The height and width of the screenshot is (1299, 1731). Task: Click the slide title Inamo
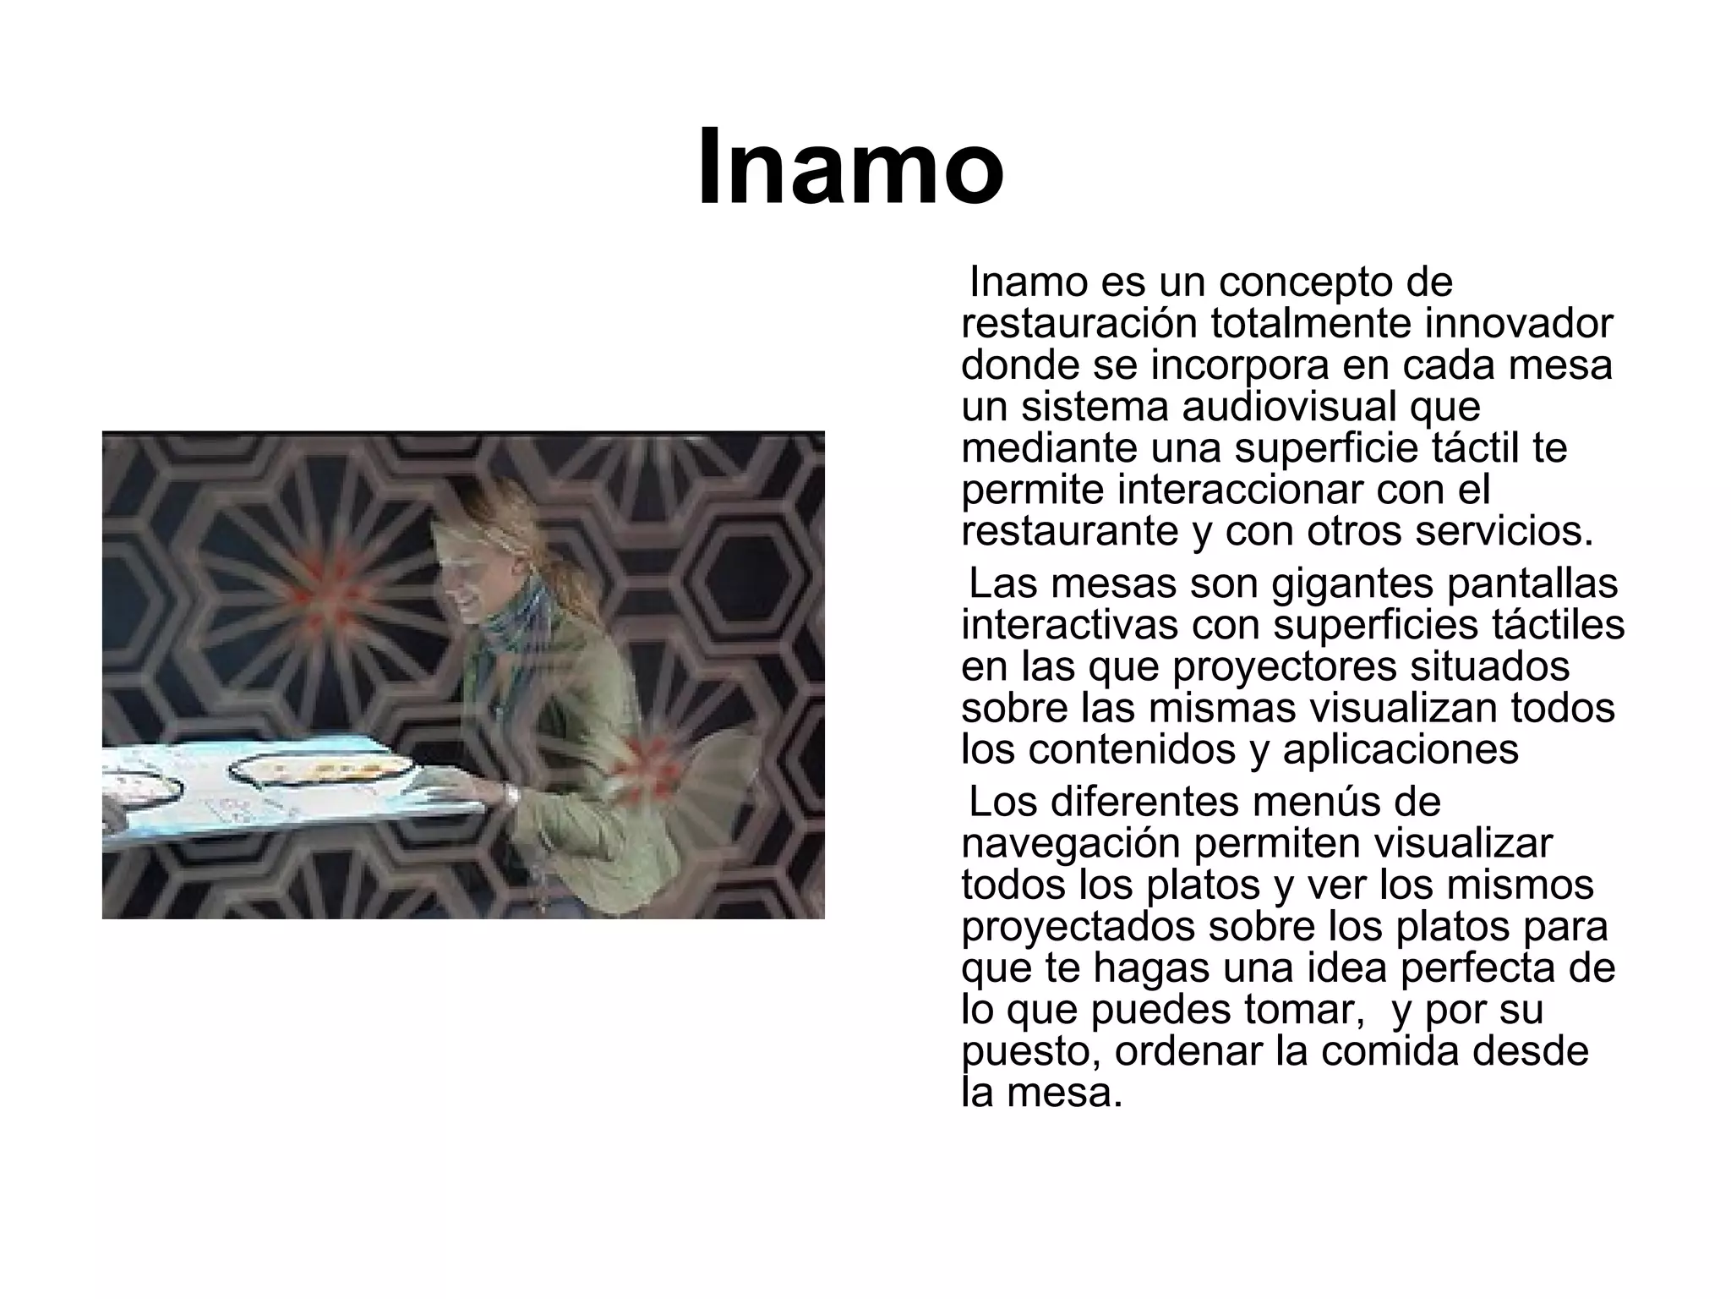coord(850,167)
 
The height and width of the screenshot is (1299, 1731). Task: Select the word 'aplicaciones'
coord(1401,749)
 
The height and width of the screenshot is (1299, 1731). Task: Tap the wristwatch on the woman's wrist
coord(511,794)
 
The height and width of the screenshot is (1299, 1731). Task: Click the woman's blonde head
coord(478,541)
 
